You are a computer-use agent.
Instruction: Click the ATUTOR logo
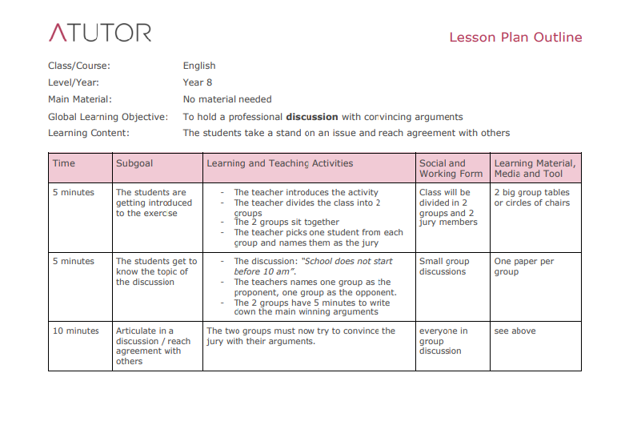pyautogui.click(x=100, y=33)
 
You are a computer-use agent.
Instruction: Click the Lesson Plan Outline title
pyautogui.click(x=515, y=38)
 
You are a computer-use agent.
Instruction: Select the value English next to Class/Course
pyautogui.click(x=199, y=66)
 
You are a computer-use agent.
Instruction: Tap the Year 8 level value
pyautogui.click(x=198, y=82)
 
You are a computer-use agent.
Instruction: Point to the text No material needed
pyautogui.click(x=227, y=99)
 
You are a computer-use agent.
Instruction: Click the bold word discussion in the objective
pyautogui.click(x=312, y=116)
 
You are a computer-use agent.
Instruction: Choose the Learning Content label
pyautogui.click(x=89, y=133)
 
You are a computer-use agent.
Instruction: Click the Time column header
pyautogui.click(x=64, y=163)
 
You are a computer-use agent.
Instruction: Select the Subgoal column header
pyautogui.click(x=134, y=163)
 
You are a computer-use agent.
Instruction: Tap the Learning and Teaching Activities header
pyautogui.click(x=279, y=163)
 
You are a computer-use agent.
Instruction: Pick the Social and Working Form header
pyautogui.click(x=451, y=168)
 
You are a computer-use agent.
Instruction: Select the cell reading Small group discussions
pyautogui.click(x=444, y=266)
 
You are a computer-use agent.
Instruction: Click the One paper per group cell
pyautogui.click(x=524, y=266)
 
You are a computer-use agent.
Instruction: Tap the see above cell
pyautogui.click(x=515, y=331)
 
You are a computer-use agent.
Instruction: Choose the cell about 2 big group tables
pyautogui.click(x=532, y=197)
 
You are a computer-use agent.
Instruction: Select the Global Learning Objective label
pyautogui.click(x=108, y=116)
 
